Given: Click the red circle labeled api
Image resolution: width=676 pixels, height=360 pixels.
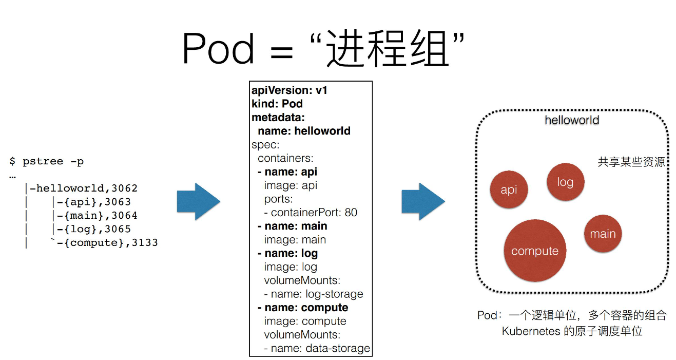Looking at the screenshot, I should pyautogui.click(x=509, y=190).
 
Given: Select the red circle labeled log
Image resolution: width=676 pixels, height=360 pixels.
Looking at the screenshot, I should pyautogui.click(x=565, y=182).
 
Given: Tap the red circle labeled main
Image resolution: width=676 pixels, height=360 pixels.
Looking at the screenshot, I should pyautogui.click(x=603, y=234).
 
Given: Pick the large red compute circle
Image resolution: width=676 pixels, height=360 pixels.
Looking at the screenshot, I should pyautogui.click(x=535, y=251).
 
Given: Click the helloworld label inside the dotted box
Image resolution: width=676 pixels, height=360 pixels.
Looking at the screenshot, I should pyautogui.click(x=572, y=120).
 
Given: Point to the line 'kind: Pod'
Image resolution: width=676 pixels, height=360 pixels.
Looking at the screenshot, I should pyautogui.click(x=277, y=104).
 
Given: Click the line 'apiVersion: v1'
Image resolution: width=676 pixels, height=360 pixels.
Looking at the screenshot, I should pyautogui.click(x=289, y=90).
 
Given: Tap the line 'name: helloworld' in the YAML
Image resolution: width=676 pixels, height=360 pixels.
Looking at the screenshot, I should pyautogui.click(x=304, y=131).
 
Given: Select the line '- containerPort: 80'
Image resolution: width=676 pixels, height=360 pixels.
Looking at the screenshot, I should pyautogui.click(x=311, y=212).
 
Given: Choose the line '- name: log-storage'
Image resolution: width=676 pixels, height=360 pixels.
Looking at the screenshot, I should pyautogui.click(x=314, y=294).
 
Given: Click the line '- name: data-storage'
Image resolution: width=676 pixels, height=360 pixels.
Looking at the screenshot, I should pyautogui.click(x=317, y=348).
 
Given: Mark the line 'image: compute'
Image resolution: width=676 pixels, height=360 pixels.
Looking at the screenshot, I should pyautogui.click(x=305, y=321).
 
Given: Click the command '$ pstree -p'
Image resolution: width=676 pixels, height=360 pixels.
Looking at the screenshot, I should pyautogui.click(x=47, y=161).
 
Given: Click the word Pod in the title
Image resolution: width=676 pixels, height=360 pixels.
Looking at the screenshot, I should pyautogui.click(x=218, y=49).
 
